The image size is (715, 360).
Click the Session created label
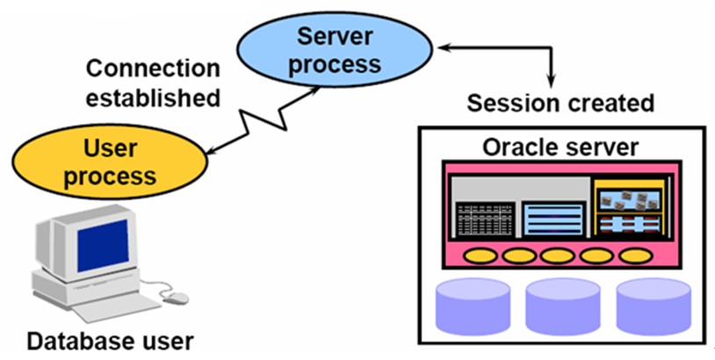click(x=560, y=103)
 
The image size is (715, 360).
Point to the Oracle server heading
click(x=560, y=147)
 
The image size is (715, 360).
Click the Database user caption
click(x=109, y=340)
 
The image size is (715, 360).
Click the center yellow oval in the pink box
click(x=558, y=256)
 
